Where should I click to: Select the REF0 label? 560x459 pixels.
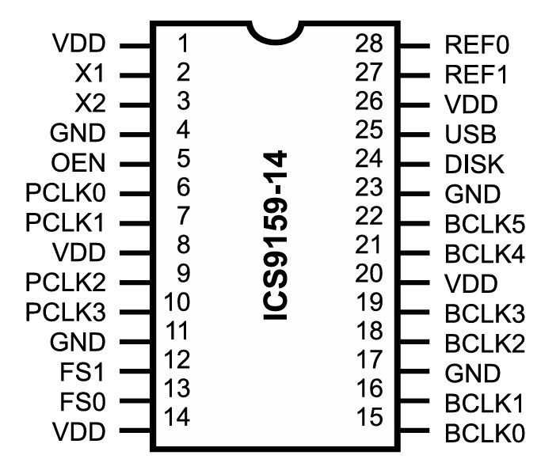point(475,45)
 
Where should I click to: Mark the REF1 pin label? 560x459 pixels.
point(475,75)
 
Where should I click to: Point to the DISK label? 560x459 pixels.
point(474,164)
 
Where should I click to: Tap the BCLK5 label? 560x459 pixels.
point(485,224)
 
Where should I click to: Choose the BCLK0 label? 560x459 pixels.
point(485,433)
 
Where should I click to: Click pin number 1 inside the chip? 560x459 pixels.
point(183,43)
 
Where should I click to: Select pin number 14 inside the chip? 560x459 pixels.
point(177,416)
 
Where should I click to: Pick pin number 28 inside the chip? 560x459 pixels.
point(369,43)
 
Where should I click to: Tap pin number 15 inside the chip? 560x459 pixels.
point(369,416)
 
